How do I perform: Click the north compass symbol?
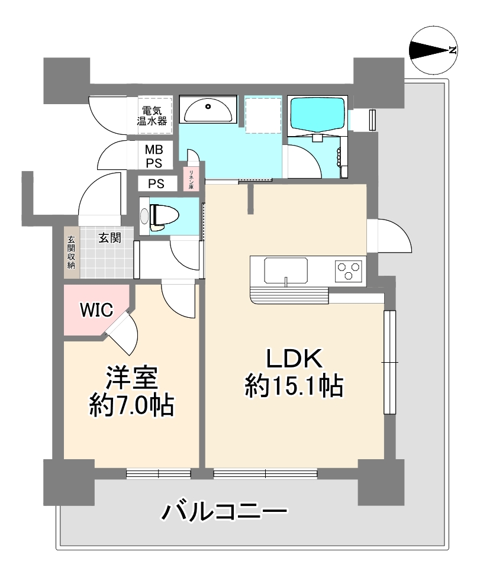coord(433,50)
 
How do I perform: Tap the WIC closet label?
coord(96,310)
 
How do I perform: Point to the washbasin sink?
coord(208,111)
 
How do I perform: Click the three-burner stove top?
coord(349,271)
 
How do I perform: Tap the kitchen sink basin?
coord(286,270)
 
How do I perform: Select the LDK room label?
coord(294,359)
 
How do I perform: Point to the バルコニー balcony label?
coord(224,512)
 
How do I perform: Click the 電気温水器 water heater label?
coord(152,115)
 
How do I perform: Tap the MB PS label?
coord(154,156)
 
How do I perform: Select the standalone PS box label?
coord(156,184)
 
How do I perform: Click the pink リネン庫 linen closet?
coord(191,179)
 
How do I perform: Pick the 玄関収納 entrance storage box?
coord(71,253)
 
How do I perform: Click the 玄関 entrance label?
coord(109,238)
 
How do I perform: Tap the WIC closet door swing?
coord(123,331)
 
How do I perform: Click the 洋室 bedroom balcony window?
coord(159,473)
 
